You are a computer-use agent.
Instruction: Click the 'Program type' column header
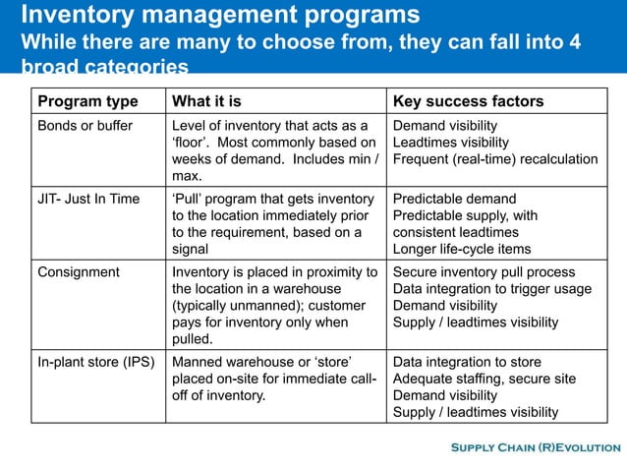pos(87,102)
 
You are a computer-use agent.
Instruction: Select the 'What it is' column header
pos(206,102)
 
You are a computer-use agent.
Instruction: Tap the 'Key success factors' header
pos(468,102)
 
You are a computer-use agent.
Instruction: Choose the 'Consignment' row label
pos(78,271)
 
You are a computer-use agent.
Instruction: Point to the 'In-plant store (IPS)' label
pos(95,362)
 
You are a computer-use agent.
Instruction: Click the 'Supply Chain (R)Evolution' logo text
pos(534,449)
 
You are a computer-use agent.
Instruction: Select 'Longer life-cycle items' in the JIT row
pos(463,248)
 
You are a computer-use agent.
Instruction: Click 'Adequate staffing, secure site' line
pos(484,379)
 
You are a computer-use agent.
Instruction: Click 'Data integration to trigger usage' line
pos(492,288)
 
